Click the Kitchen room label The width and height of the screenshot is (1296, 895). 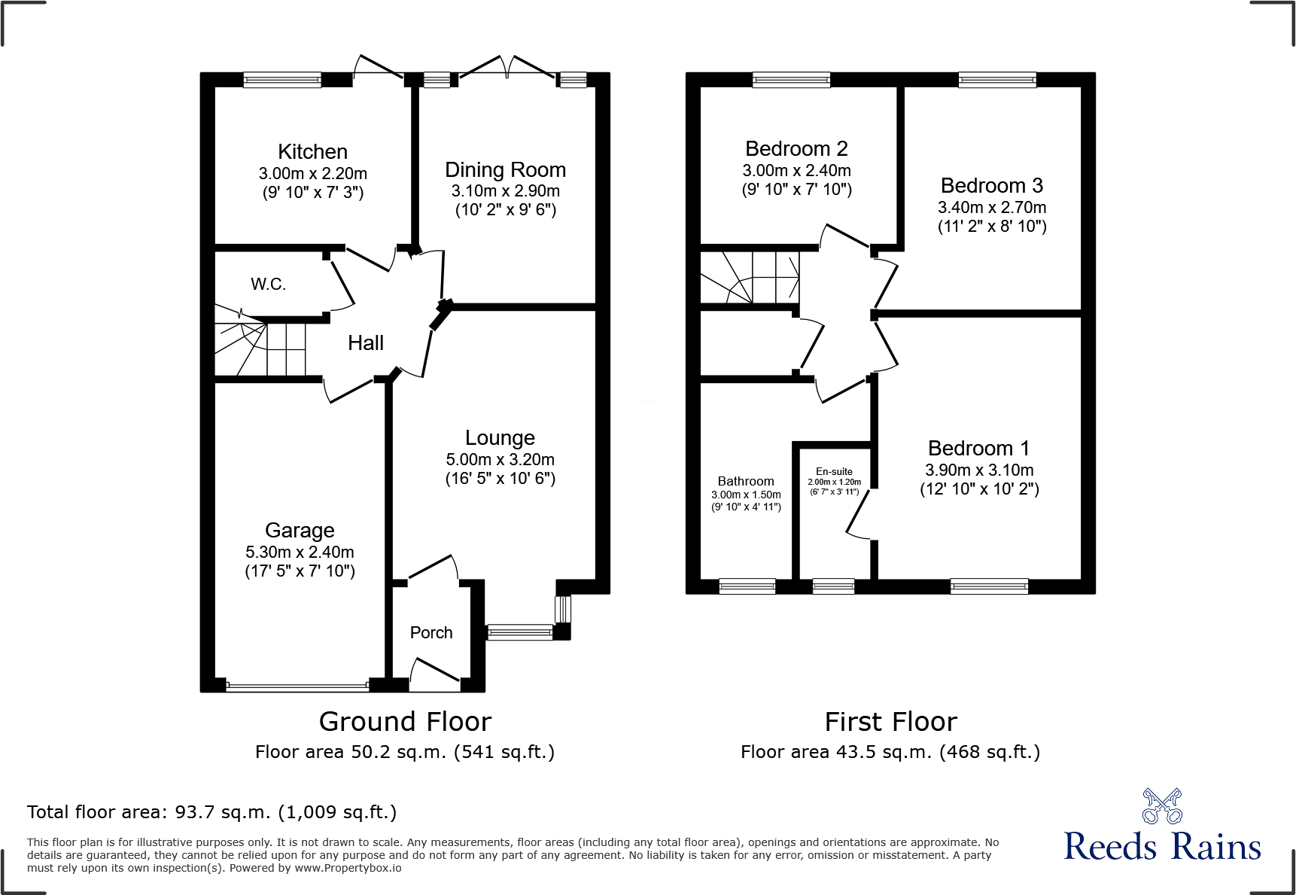(312, 151)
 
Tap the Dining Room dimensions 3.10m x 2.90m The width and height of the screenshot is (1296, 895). (505, 191)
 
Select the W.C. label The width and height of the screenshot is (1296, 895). (268, 284)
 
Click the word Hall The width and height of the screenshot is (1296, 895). (366, 343)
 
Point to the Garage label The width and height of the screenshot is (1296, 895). (300, 531)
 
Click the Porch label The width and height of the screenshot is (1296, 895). (431, 633)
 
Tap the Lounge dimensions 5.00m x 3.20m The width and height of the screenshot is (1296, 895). (500, 460)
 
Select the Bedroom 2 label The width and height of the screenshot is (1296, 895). (796, 148)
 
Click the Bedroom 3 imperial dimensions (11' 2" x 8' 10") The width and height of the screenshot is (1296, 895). (992, 227)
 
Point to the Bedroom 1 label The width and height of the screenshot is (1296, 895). (978, 449)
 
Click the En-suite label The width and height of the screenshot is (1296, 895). (834, 471)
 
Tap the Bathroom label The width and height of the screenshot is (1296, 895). (745, 481)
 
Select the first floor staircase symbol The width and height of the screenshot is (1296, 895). (750, 277)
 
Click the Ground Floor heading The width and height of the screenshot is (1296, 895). (405, 722)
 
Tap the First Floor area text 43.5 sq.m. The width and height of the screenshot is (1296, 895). (890, 752)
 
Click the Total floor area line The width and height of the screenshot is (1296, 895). (211, 812)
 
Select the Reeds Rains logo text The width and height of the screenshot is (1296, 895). (1162, 847)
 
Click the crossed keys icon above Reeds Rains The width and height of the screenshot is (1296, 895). (1162, 806)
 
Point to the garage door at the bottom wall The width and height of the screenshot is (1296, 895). (297, 686)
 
